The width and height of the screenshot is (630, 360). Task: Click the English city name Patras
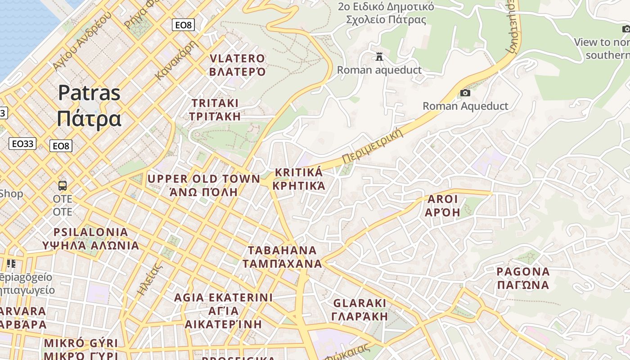[x=89, y=93]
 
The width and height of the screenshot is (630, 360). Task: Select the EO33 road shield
[x=22, y=144]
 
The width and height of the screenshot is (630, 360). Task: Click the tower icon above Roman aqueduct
[x=379, y=57]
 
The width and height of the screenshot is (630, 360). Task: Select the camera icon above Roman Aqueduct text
[x=465, y=93]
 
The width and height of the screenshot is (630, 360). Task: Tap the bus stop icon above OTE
[x=63, y=185]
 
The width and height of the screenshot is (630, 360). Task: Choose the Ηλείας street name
[x=149, y=279]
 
